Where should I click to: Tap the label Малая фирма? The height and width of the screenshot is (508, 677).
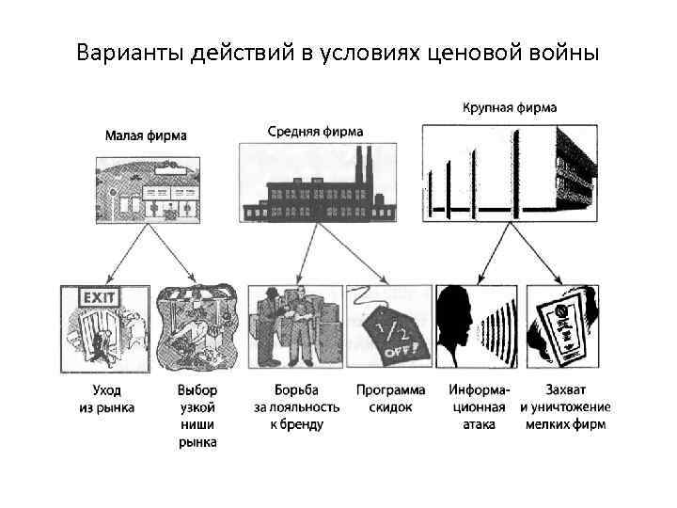(145, 135)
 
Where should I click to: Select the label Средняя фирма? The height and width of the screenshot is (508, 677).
(315, 132)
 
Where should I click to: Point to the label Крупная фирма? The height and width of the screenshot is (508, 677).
(509, 108)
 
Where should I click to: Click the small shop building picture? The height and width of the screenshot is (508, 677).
(149, 189)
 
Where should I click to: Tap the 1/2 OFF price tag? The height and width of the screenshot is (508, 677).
(388, 334)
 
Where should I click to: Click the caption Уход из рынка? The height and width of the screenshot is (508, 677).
(105, 398)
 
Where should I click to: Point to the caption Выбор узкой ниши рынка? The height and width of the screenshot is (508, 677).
(197, 415)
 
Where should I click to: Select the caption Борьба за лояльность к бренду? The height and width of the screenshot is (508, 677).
(296, 406)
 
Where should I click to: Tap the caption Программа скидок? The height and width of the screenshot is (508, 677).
(390, 398)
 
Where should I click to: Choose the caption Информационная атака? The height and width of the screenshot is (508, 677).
(479, 406)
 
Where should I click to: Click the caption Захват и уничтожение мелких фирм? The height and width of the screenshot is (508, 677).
(564, 406)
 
